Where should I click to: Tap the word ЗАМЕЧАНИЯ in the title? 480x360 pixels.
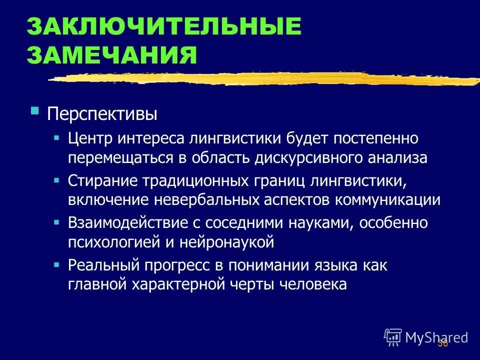click(x=112, y=54)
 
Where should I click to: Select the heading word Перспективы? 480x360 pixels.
click(x=102, y=114)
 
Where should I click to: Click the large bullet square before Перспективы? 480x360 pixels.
click(x=34, y=110)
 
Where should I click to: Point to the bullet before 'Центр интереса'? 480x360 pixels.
click(x=57, y=136)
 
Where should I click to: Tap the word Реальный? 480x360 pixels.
click(x=99, y=265)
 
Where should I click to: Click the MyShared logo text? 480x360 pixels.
click(x=436, y=337)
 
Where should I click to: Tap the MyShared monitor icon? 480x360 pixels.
click(x=392, y=337)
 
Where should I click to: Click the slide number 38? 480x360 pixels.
click(x=442, y=343)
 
